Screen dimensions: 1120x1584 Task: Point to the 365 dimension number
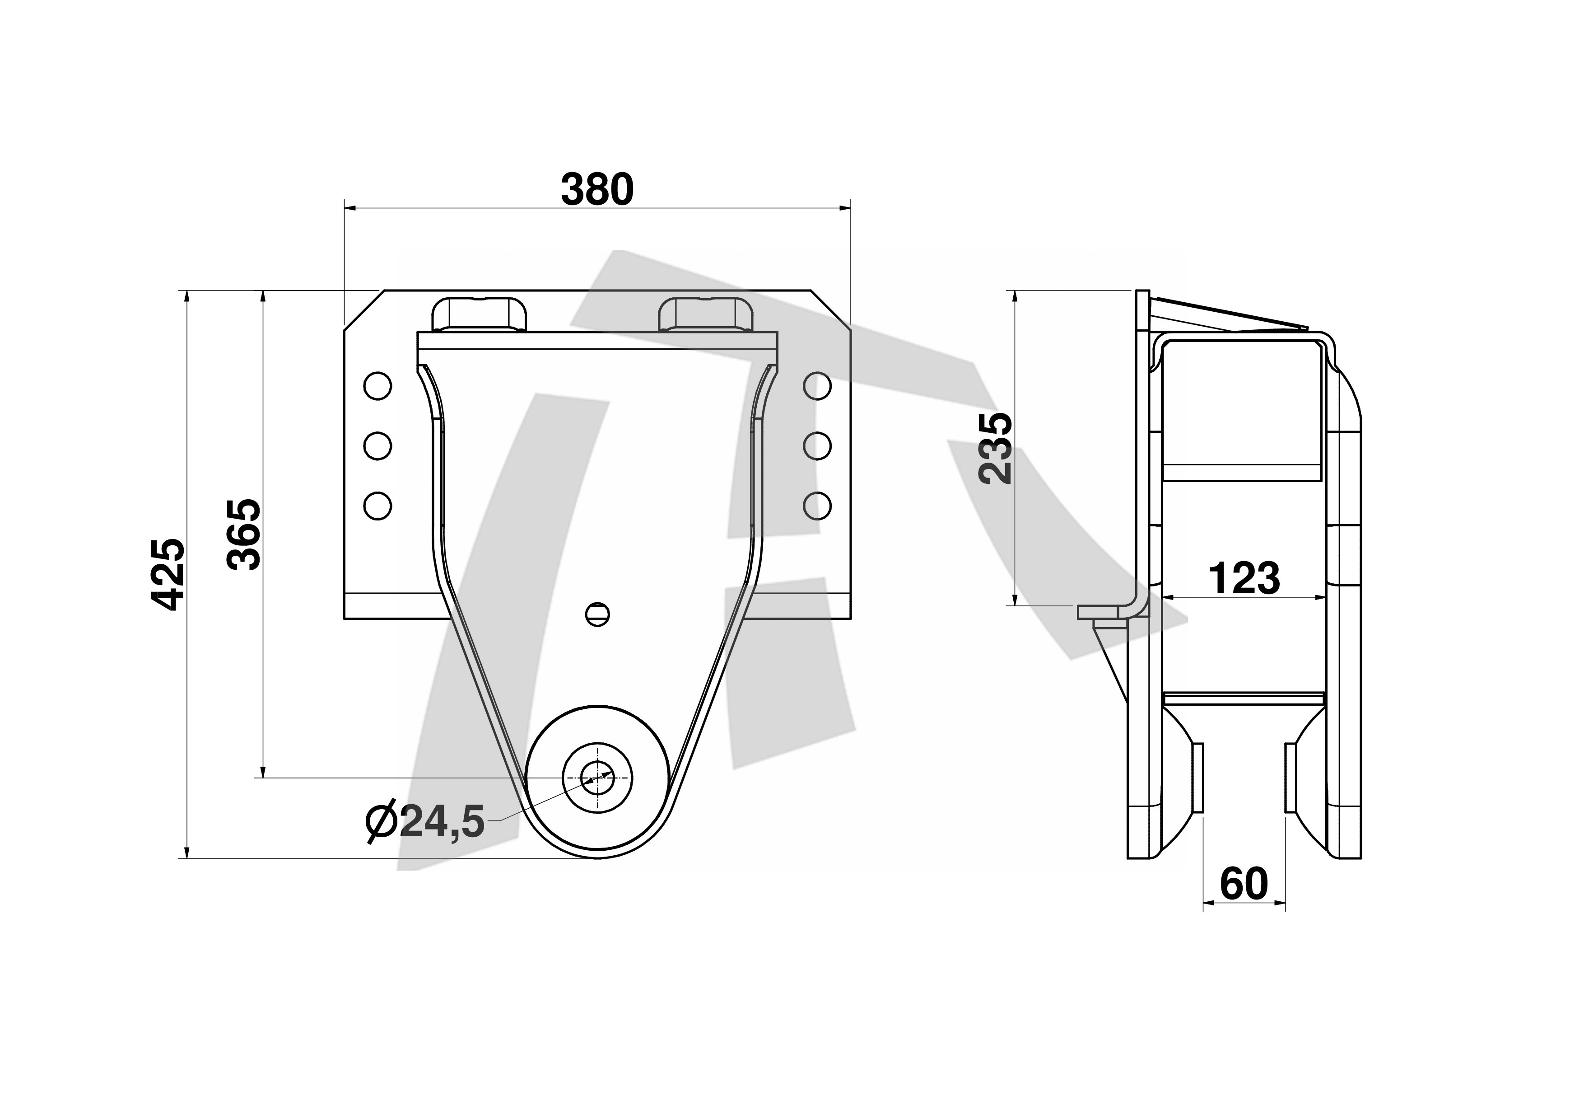[x=244, y=535]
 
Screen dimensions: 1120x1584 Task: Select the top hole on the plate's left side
[x=377, y=386]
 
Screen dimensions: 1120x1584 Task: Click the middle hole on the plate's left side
[x=377, y=446]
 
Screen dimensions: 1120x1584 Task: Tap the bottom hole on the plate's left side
[x=377, y=505]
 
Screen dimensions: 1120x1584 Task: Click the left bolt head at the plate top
[x=479, y=315]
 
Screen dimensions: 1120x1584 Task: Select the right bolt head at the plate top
[x=705, y=315]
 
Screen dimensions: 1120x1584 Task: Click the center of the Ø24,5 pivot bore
[x=597, y=778]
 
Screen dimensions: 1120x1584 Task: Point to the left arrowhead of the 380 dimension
[x=349, y=207]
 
